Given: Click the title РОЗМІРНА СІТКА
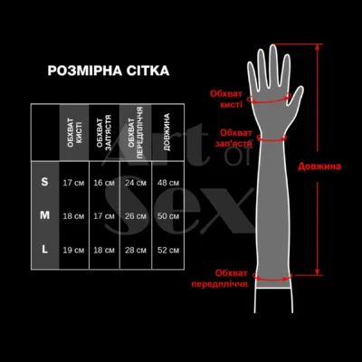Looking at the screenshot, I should coord(108,70).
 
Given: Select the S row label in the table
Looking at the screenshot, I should coord(45,183).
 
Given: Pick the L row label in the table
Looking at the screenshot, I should coord(45,249).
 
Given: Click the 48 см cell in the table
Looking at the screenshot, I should coord(168,183).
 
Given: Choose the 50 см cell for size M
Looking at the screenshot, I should coord(168,216).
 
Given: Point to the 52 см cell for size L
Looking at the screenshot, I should coord(168,249).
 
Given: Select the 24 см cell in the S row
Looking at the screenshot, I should coord(136,183).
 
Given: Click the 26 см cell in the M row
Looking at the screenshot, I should coord(136,216).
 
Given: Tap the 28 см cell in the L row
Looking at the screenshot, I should coord(136,249).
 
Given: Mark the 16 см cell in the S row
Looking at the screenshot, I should coord(104,183).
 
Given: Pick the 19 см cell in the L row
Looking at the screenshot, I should coord(73,249).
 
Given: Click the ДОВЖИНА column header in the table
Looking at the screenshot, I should coord(168,131).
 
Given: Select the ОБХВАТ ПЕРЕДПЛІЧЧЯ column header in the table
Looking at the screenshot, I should coord(136,131).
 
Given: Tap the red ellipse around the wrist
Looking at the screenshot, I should coord(273,138).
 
